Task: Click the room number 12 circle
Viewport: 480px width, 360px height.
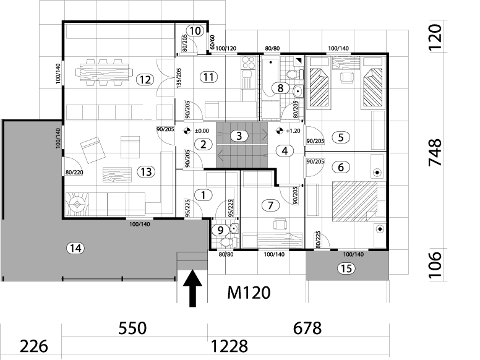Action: click(144, 79)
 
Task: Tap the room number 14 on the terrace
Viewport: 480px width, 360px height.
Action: click(75, 248)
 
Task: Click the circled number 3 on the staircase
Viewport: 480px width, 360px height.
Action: click(239, 135)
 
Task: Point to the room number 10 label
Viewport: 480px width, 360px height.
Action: click(194, 30)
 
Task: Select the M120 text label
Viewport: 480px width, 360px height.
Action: click(247, 291)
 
